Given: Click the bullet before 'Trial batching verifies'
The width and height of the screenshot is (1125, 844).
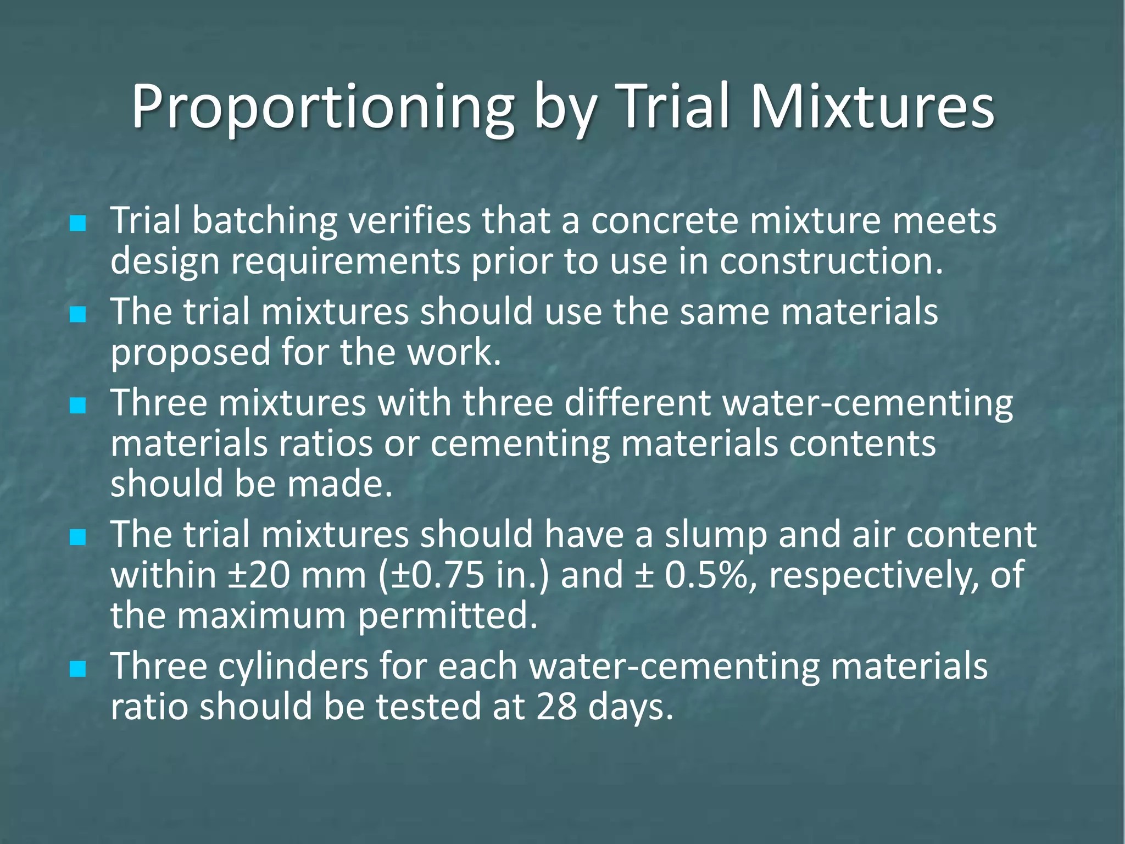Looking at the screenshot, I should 78,223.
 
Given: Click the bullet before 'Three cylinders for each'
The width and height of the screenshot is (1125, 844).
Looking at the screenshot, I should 78,669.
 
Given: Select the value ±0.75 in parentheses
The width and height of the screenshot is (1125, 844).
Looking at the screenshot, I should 439,575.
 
